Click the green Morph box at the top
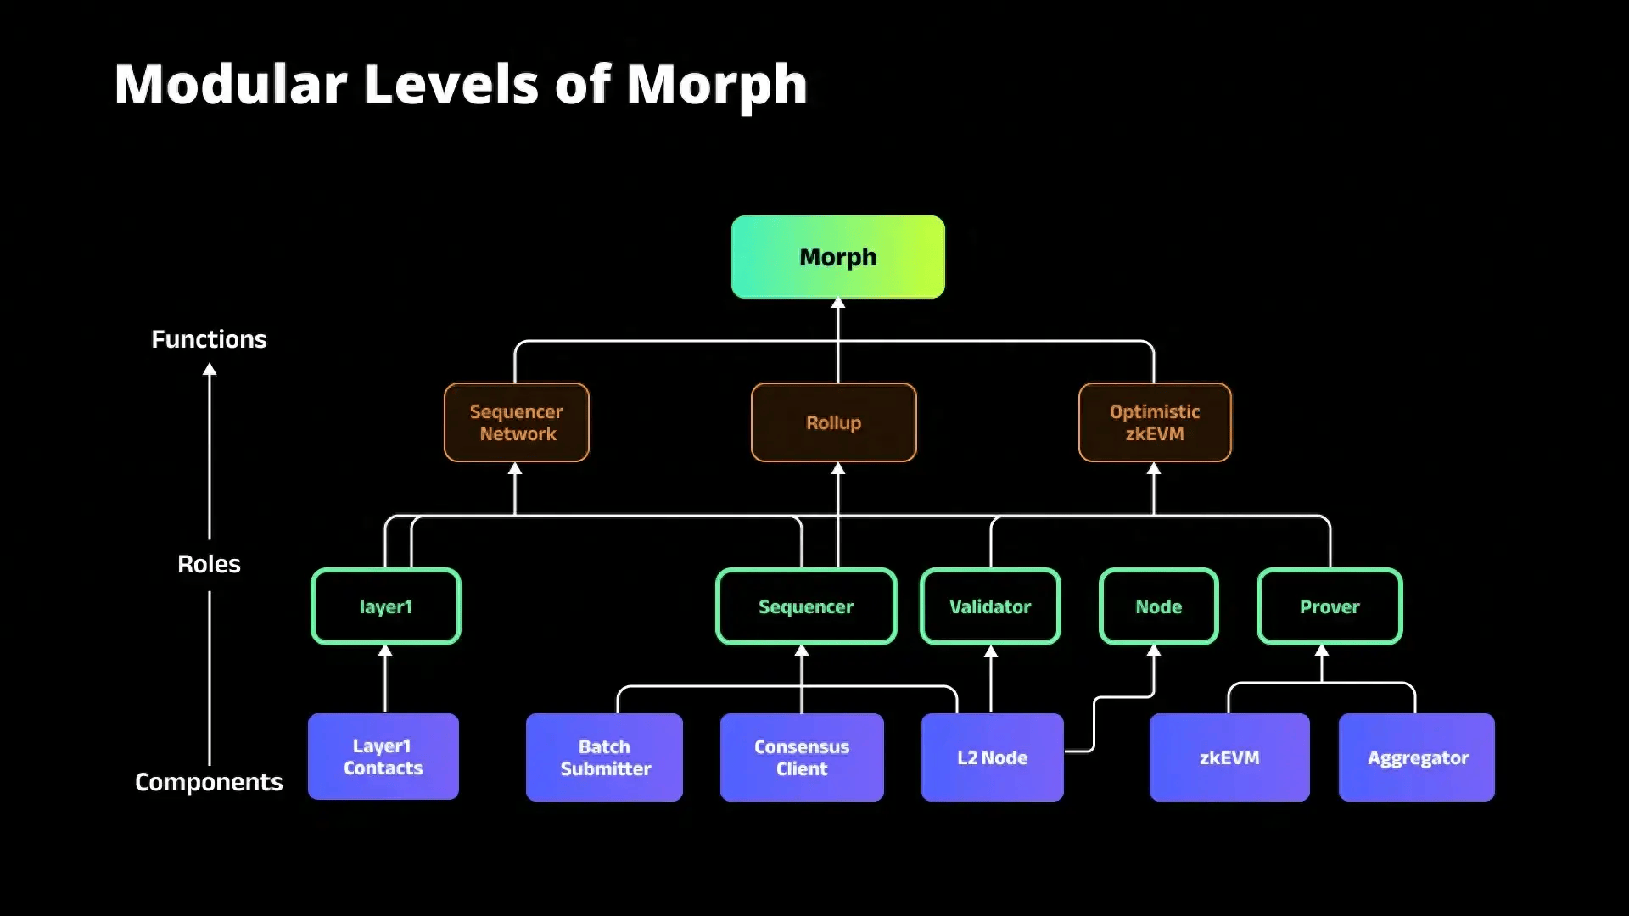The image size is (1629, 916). point(837,256)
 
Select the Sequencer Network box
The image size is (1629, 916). point(516,422)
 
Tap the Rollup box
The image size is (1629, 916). point(833,422)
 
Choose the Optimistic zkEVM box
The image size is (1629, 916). point(1154,422)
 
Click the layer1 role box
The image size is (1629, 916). point(385,606)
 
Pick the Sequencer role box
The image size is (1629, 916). point(805,606)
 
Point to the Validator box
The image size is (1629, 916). point(989,606)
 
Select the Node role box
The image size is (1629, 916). point(1158,606)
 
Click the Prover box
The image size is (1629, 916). point(1329,606)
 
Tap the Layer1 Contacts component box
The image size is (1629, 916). point(383,757)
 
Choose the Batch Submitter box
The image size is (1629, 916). point(604,757)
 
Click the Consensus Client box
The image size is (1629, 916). point(801,757)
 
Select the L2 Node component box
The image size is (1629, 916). point(992,757)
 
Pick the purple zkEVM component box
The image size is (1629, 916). point(1229,757)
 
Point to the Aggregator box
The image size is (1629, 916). point(1416,757)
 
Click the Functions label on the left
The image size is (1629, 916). point(209,339)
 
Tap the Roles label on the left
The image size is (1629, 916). point(209,564)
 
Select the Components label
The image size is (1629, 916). point(209,781)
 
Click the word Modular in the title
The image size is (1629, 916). point(231,85)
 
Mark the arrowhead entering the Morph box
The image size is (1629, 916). point(837,304)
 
